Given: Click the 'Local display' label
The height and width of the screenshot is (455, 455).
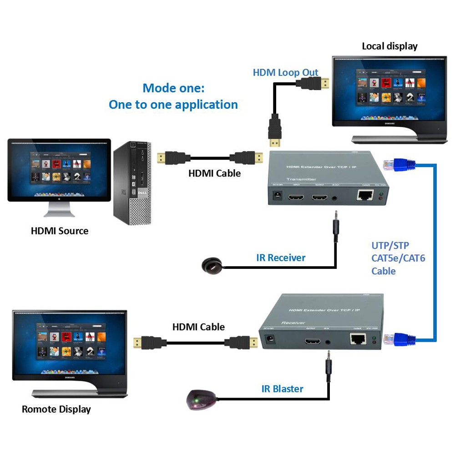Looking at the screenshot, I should point(389,46).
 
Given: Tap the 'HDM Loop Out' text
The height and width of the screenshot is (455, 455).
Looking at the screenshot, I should point(285,72).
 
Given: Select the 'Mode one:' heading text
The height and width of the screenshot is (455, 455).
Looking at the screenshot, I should point(173,87).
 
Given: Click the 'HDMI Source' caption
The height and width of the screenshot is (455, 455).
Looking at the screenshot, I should point(60,231).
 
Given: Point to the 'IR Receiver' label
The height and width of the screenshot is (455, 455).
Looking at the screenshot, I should point(281,258).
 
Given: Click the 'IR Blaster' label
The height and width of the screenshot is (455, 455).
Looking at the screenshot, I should point(282,389).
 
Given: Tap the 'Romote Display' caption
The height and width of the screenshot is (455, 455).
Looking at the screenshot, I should point(56,409).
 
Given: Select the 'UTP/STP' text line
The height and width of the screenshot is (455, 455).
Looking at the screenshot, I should point(390,246).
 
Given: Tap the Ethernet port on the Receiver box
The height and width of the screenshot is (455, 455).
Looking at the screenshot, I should point(357,339).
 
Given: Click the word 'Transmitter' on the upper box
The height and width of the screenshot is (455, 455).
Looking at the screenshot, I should point(301,179).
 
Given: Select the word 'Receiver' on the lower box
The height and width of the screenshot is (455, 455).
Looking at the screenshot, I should point(293,323).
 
